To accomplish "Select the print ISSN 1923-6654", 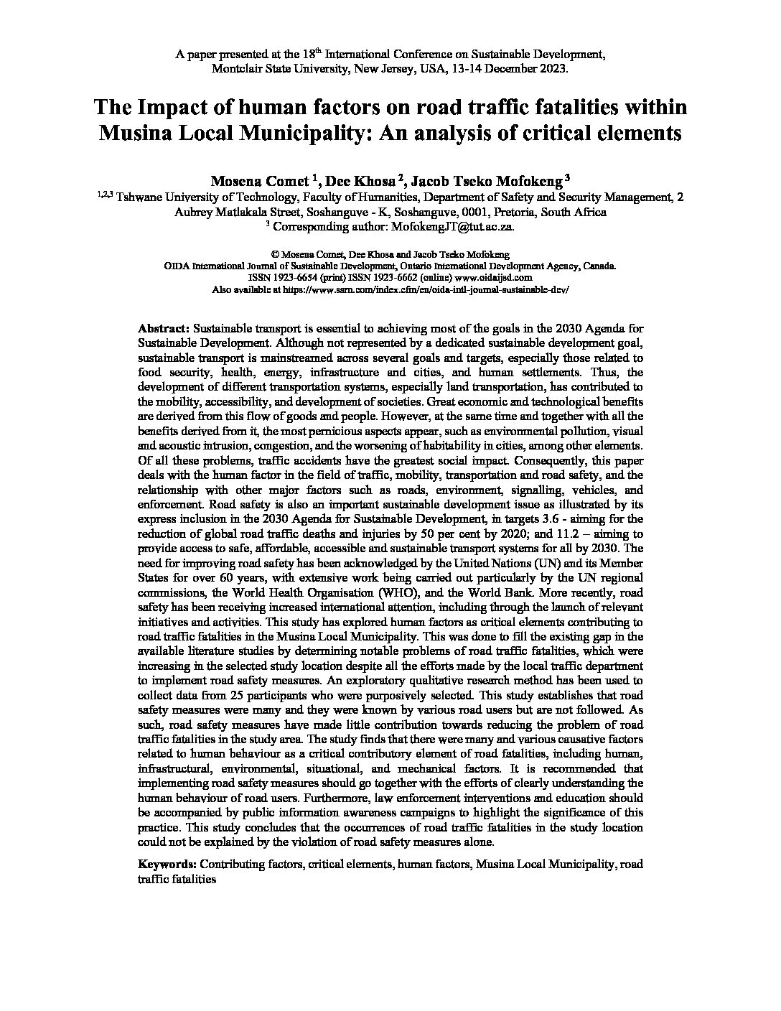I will (x=301, y=277).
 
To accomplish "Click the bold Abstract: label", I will (x=164, y=327).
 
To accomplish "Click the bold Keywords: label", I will (x=167, y=864).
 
